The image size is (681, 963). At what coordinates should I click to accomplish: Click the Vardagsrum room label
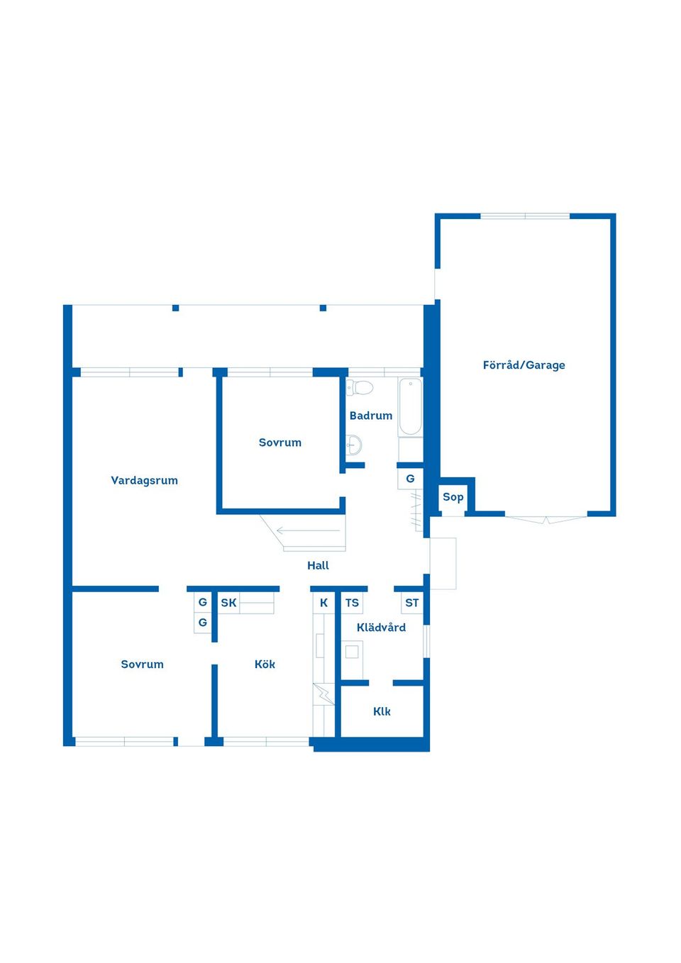[144, 481]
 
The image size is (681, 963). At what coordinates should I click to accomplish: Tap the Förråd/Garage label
[524, 365]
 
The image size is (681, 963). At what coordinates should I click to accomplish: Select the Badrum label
[370, 416]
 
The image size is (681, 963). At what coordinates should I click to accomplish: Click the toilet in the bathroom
[360, 387]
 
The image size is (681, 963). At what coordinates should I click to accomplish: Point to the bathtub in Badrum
[410, 407]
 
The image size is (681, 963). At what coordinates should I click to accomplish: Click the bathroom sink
[354, 445]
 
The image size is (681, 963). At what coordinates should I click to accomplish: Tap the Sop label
[453, 497]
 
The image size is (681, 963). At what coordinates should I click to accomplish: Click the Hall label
[318, 566]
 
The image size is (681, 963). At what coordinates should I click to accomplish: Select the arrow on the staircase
[309, 530]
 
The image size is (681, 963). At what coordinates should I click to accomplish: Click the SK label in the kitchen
[228, 603]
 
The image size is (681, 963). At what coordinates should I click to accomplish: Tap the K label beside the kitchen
[323, 603]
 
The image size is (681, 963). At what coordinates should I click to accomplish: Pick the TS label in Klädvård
[352, 603]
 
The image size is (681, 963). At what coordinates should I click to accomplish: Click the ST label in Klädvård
[411, 603]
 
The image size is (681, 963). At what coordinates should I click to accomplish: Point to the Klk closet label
[382, 711]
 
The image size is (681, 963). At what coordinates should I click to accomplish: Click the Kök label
[265, 664]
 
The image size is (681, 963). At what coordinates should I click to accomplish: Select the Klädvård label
[381, 628]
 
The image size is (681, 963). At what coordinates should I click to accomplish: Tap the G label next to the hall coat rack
[410, 479]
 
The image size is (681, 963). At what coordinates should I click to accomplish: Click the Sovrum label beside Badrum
[280, 442]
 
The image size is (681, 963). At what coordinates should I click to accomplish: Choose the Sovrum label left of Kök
[142, 664]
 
